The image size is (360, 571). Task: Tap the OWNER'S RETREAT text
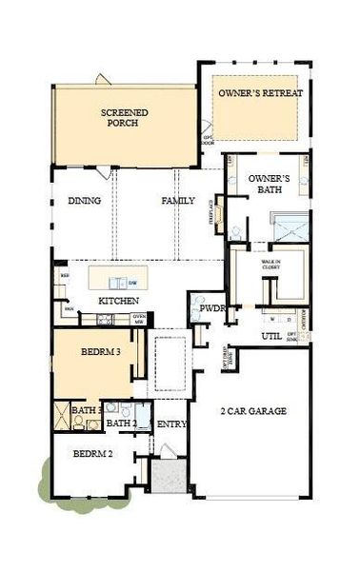pos(259,93)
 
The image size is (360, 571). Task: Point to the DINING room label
pos(86,201)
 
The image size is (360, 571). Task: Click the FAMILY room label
pos(178,201)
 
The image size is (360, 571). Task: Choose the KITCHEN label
pos(120,301)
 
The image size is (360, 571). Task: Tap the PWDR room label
pos(213,309)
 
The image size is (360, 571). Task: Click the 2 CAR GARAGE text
pos(251,411)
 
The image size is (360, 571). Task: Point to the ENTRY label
pos(171,423)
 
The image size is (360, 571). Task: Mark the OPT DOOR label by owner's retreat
pos(207,140)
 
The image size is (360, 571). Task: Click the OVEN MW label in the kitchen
pos(139,319)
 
